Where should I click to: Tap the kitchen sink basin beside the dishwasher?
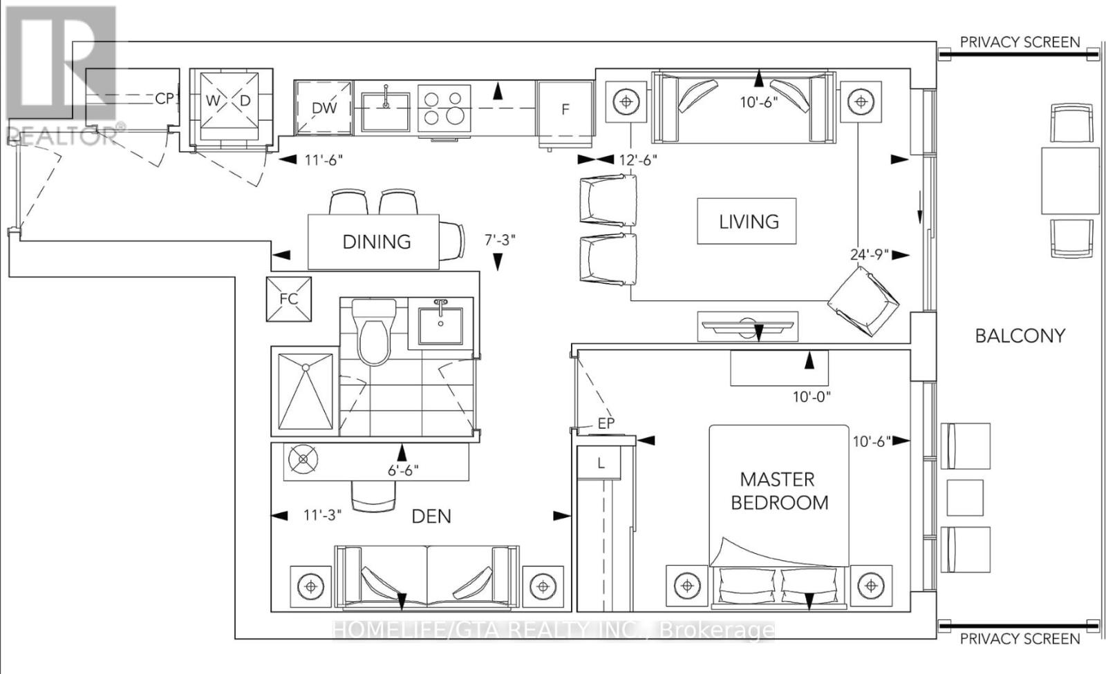pos(385,112)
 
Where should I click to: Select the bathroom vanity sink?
pos(440,326)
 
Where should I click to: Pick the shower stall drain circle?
pos(306,367)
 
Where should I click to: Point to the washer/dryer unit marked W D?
pos(231,106)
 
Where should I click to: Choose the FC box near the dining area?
pos(289,299)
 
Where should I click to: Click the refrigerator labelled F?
pos(565,114)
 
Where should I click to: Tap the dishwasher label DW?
pos(324,108)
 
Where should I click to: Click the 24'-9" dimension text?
pos(870,255)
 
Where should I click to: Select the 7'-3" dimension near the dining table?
pos(500,240)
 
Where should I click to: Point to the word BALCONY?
pos(1020,336)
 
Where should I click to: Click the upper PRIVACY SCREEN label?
pos(1020,42)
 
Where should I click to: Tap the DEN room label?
pos(431,517)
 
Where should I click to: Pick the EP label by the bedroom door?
pos(606,423)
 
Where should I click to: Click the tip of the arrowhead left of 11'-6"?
pos(279,160)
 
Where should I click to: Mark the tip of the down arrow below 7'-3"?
pos(498,271)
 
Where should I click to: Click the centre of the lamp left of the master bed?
pos(687,586)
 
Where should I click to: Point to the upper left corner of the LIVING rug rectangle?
pos(697,198)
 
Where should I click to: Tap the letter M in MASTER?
pos(747,479)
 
